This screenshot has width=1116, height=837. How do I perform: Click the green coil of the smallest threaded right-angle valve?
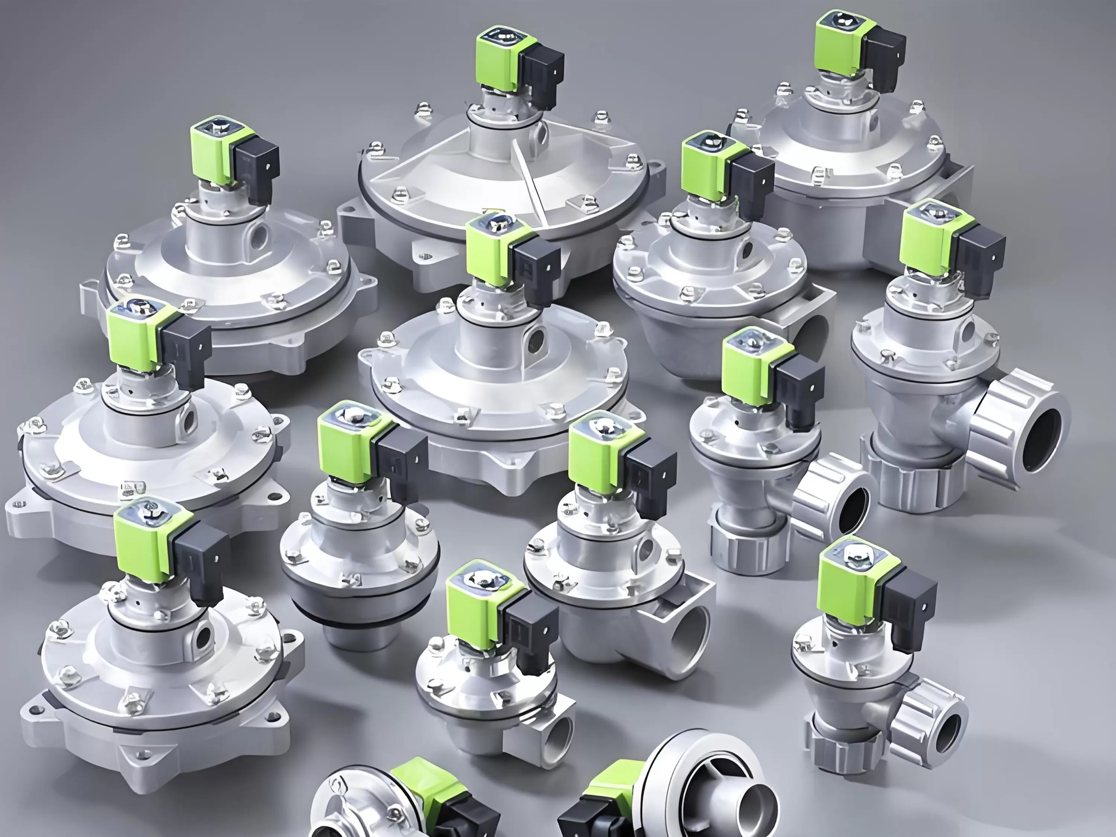pos(474,605)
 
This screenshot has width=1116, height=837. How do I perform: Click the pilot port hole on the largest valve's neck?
pos(541,134)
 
